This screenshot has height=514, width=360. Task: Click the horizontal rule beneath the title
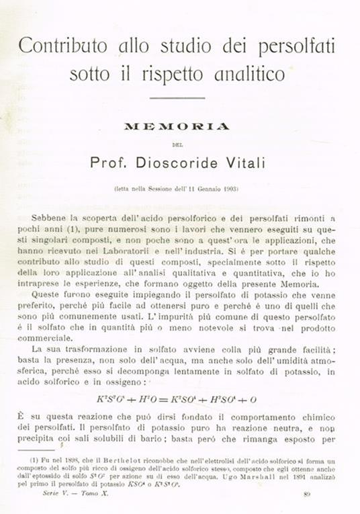[x=177, y=99]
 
